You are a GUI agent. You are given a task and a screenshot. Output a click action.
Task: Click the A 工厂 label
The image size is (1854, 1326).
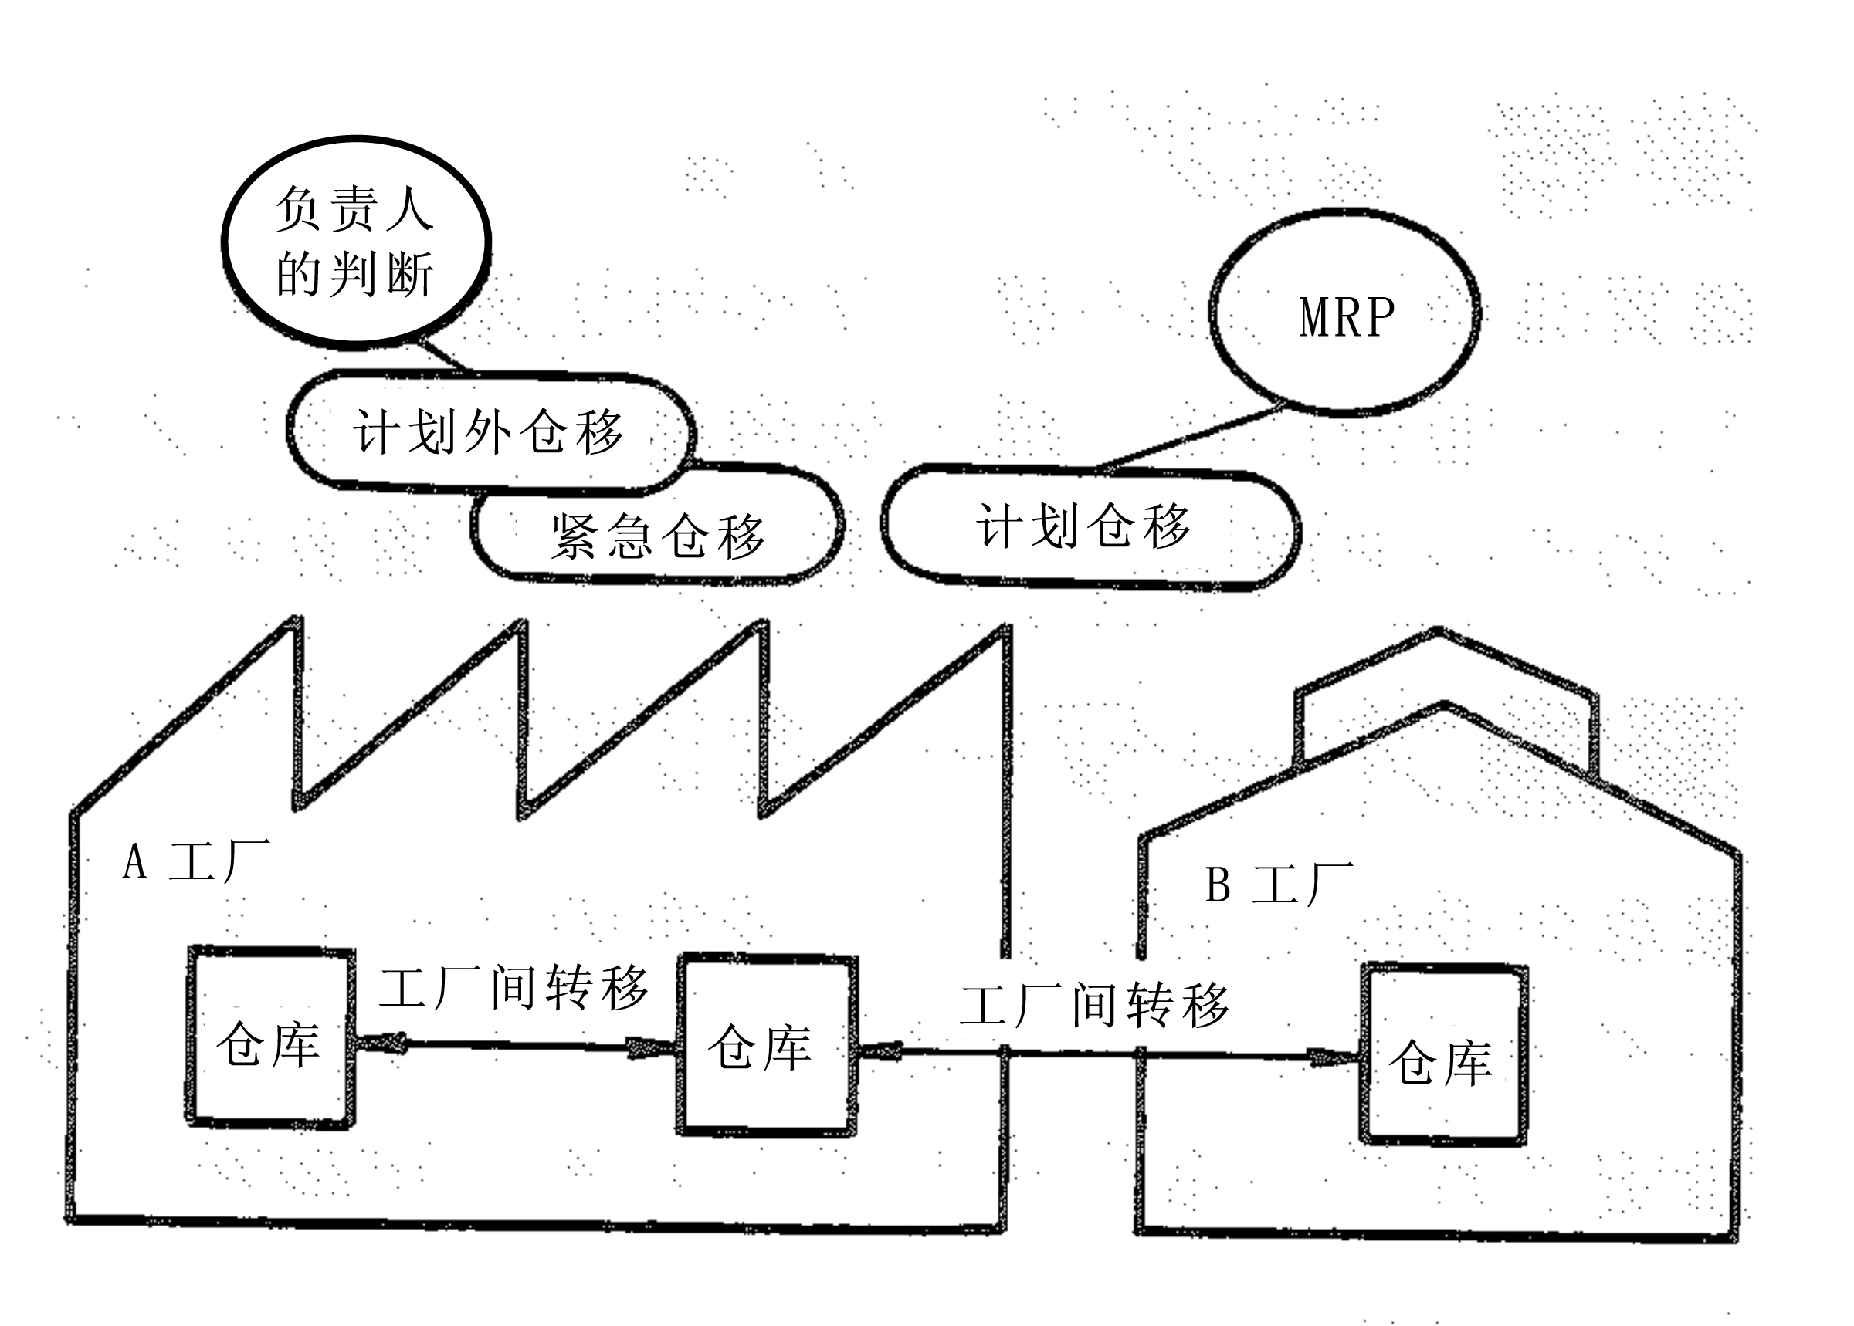tap(196, 861)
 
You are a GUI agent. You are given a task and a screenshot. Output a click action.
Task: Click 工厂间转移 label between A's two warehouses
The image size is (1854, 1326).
tap(513, 987)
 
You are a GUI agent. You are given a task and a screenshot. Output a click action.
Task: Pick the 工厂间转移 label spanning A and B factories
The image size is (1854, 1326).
tap(1094, 1004)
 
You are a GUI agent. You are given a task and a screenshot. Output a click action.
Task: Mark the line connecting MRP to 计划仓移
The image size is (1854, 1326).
tap(1188, 438)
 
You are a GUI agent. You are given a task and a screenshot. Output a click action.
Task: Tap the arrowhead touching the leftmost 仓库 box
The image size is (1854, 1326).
tap(381, 1042)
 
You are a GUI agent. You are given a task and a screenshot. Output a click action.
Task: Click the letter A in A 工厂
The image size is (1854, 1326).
tap(135, 861)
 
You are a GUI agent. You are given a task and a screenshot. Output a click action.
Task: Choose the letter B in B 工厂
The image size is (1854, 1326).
tap(1218, 885)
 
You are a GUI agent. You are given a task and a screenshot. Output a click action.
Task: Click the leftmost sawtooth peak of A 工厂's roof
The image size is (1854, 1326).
tap(294, 621)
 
